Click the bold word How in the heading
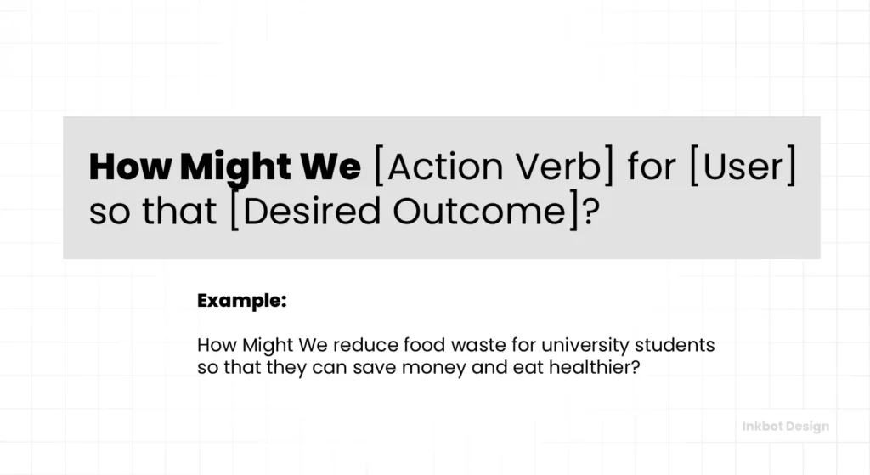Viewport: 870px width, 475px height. tap(130, 167)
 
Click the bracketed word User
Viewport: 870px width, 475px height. tap(743, 167)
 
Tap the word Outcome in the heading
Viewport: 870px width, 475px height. tap(479, 212)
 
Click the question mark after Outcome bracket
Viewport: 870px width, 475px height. tap(590, 211)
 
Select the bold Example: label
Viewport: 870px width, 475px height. tap(242, 300)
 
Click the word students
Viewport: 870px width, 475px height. tap(675, 345)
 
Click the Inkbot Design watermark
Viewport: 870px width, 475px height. tap(786, 427)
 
